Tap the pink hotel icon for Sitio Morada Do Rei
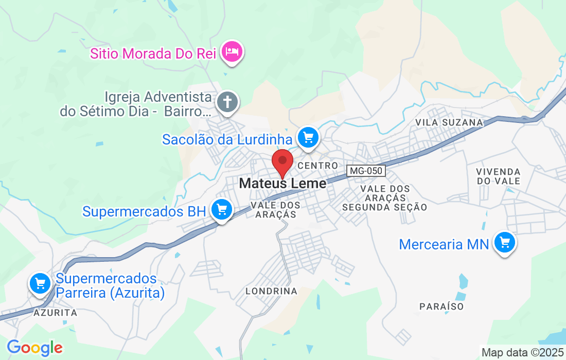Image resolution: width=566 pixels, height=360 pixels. coord(232,51)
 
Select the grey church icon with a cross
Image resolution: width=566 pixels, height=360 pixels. coord(227,102)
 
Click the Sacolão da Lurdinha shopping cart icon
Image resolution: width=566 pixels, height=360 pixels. coord(308,138)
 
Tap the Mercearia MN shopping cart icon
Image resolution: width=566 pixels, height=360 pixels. coord(504,242)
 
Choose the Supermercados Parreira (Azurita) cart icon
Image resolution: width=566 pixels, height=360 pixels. coord(40,283)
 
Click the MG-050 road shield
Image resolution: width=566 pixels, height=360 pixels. coord(366,170)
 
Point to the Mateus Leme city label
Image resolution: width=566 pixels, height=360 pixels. coord(282,184)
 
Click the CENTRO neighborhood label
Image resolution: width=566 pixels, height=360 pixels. coord(317,166)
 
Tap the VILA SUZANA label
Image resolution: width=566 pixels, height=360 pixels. coord(449,122)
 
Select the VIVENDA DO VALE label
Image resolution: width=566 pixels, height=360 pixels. coord(498,176)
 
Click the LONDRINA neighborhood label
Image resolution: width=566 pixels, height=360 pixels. coord(271,291)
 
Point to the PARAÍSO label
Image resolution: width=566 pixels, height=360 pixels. coord(441,307)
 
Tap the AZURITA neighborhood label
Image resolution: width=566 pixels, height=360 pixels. coord(55,313)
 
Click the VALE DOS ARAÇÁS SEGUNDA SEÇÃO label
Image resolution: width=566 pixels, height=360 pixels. coord(385,198)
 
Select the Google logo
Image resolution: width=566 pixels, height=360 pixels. coord(34,348)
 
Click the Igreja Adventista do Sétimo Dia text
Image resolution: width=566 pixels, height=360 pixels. coord(136,104)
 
